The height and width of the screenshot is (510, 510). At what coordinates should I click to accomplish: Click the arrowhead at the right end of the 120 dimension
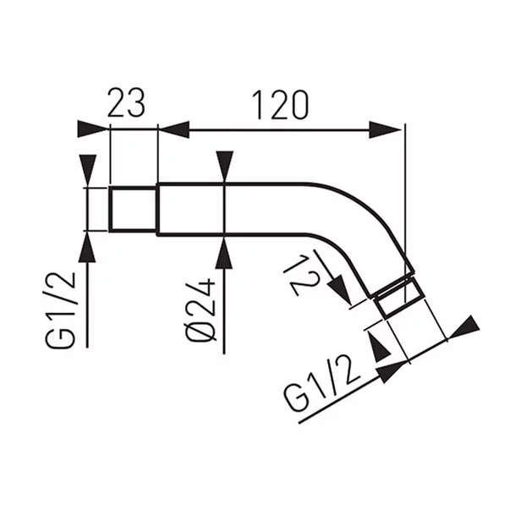[x=388, y=129]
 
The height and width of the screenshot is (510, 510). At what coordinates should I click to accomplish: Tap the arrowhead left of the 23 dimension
[x=93, y=129]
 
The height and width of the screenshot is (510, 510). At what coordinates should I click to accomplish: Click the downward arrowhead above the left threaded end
[x=87, y=169]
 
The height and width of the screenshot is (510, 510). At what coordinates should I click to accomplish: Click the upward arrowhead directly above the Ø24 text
[x=223, y=252]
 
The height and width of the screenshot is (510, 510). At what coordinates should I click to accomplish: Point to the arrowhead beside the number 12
[x=340, y=292]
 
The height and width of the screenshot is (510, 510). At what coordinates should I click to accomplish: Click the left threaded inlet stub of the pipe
[x=134, y=208]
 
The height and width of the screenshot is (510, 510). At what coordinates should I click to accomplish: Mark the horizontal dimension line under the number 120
[x=279, y=129]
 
